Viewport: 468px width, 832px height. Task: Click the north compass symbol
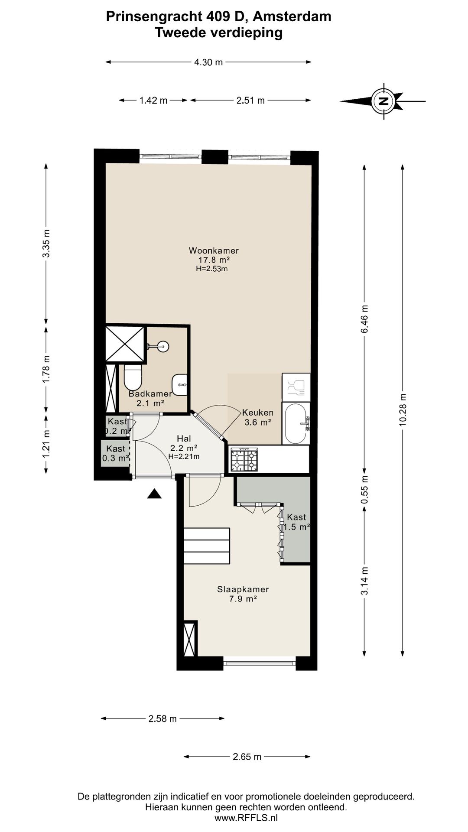click(383, 101)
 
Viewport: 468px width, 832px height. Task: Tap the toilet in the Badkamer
click(133, 377)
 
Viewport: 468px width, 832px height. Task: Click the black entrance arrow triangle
click(154, 494)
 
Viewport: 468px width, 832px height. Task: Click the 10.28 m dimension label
click(403, 409)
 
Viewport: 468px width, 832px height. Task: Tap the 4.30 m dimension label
click(208, 62)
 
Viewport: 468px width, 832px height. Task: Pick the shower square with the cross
click(125, 344)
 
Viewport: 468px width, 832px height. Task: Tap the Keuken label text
click(258, 413)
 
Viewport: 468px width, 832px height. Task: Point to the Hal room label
click(184, 439)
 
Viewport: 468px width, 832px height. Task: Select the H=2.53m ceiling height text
click(212, 269)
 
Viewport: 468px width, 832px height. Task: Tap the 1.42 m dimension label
click(153, 101)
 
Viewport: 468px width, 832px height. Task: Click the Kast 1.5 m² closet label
click(296, 522)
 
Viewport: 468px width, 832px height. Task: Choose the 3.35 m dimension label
click(46, 243)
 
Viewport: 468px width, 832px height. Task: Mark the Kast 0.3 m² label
click(116, 453)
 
